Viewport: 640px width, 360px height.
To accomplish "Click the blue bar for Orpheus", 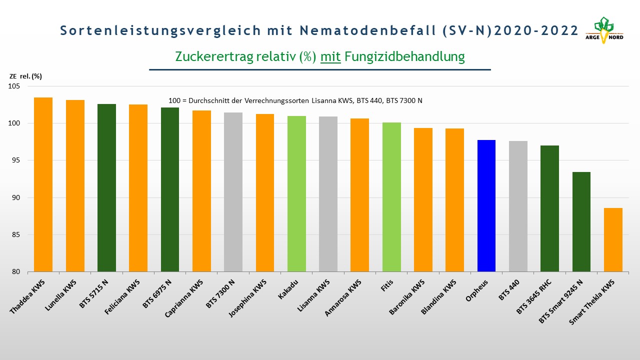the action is [486, 205].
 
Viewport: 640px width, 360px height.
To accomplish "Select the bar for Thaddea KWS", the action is [43, 184].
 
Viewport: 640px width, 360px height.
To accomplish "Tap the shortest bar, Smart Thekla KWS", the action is [613, 239].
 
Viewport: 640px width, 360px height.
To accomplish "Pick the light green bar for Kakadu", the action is [296, 193].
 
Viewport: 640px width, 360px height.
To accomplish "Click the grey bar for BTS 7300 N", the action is [233, 192].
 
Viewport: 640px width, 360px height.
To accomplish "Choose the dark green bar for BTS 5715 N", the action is [107, 187].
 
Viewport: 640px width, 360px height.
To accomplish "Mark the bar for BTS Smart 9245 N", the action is [581, 221].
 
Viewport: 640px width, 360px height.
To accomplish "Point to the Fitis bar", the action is [391, 197].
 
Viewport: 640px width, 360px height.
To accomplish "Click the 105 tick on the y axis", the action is [14, 86].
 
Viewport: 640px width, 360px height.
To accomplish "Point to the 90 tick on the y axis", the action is [16, 197].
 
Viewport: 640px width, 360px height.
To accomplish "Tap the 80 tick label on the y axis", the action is [16, 271].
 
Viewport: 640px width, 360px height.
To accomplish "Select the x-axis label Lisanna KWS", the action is [313, 295].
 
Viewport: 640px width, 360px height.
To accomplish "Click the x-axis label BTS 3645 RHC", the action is [533, 297].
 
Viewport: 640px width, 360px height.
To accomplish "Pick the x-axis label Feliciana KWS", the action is [122, 297].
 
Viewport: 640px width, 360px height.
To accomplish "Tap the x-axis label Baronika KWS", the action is [407, 297].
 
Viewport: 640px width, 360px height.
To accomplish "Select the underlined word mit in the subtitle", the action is [330, 56].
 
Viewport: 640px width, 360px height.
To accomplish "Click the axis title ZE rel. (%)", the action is [25, 76].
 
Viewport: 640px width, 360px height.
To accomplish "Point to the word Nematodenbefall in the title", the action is [367, 30].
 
